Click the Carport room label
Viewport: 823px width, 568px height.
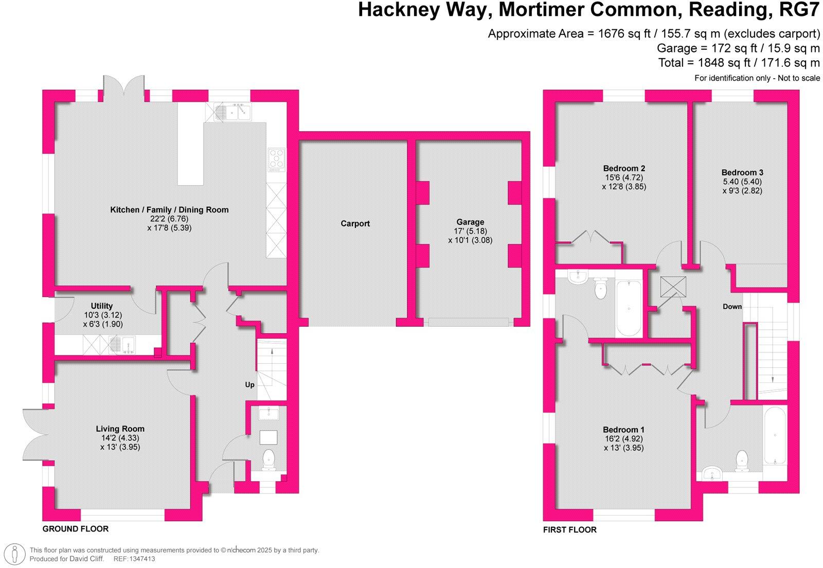tap(355, 223)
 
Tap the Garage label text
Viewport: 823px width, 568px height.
tap(470, 222)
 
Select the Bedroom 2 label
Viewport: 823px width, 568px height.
tap(624, 168)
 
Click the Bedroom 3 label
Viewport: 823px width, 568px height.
tap(742, 172)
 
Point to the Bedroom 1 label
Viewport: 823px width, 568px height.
tap(623, 430)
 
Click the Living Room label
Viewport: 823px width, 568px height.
tap(120, 429)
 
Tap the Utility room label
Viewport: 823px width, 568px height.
tap(101, 306)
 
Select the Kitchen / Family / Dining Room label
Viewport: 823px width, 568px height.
tap(169, 209)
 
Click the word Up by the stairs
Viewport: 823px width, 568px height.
tap(249, 384)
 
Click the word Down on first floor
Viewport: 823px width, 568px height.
tap(732, 306)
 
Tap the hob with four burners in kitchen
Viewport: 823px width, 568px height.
tap(276, 159)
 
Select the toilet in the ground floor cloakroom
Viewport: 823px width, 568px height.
tap(269, 459)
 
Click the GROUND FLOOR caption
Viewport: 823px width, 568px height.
tap(75, 528)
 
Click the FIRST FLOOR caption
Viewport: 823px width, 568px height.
tap(569, 529)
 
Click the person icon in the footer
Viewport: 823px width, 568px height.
tap(15, 553)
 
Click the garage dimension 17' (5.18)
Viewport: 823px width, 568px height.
tap(470, 231)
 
